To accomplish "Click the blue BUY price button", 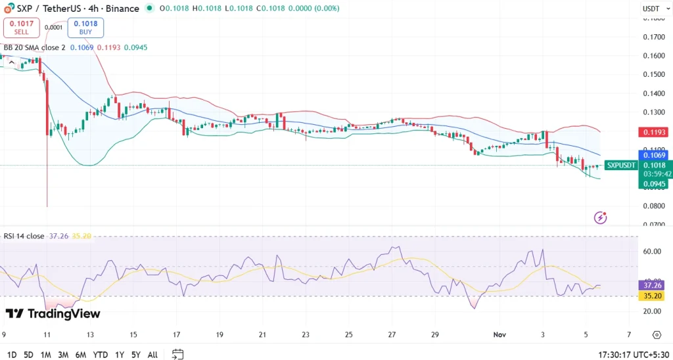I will pyautogui.click(x=85, y=28).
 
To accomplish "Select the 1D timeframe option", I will pyautogui.click(x=11, y=355).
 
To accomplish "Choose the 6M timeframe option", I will pyautogui.click(x=80, y=355).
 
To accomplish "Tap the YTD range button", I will pyautogui.click(x=100, y=355).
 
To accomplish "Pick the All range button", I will pyautogui.click(x=152, y=355).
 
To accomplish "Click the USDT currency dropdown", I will pyautogui.click(x=654, y=9).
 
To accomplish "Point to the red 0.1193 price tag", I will pyautogui.click(x=655, y=132).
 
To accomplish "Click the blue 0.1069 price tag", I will pyautogui.click(x=655, y=155).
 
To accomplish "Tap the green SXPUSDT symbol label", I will pyautogui.click(x=620, y=165).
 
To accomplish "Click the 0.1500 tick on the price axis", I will pyautogui.click(x=655, y=74).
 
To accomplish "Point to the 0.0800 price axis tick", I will pyautogui.click(x=655, y=206).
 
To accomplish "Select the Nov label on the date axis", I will pyautogui.click(x=500, y=334).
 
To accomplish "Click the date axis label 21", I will pyautogui.click(x=262, y=334).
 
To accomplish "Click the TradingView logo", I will pyautogui.click(x=53, y=313).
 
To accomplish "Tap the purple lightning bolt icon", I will pyautogui.click(x=600, y=217).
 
